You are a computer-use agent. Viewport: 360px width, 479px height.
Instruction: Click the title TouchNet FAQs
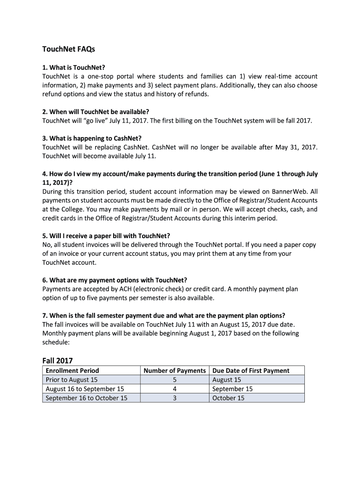(68, 49)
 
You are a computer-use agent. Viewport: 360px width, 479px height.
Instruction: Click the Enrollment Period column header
(72, 370)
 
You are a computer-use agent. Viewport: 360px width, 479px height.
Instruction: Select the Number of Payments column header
(174, 370)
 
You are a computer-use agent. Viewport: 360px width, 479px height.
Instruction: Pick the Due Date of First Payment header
(251, 370)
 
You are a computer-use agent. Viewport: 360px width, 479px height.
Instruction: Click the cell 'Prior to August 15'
(72, 380)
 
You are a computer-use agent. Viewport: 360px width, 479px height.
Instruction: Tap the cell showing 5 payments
(174, 380)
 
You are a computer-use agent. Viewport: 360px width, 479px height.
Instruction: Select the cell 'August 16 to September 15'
(85, 389)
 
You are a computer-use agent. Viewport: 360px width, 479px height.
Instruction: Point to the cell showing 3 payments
(174, 398)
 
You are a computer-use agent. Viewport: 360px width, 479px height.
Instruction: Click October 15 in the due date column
(228, 398)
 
